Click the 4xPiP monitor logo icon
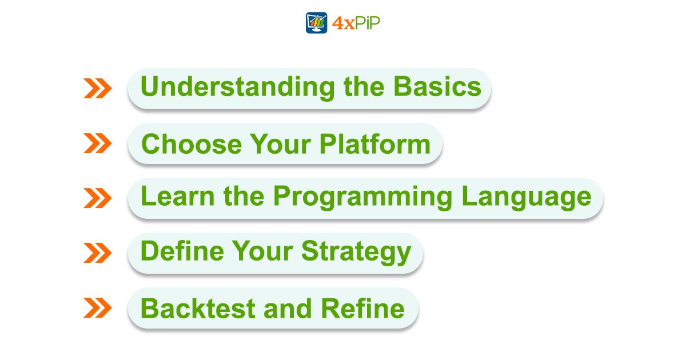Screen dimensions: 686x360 [316, 23]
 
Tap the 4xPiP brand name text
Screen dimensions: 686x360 [356, 23]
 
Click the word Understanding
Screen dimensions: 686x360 [238, 88]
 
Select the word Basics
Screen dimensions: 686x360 [437, 87]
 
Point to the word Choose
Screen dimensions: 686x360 [192, 144]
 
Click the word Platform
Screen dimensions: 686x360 [375, 144]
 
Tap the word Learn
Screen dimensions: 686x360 [178, 196]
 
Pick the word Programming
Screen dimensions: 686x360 [363, 198]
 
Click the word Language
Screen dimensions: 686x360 [527, 198]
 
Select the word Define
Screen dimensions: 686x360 [182, 251]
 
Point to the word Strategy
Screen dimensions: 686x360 [356, 253]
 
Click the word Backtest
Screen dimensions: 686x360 [198, 308]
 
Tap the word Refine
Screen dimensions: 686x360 [363, 308]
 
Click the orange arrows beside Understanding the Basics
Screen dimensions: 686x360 [98, 89]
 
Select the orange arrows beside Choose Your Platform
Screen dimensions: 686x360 [98, 143]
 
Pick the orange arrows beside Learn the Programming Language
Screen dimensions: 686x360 [98, 198]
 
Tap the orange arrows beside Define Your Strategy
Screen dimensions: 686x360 [98, 253]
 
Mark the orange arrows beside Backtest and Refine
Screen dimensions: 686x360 [98, 307]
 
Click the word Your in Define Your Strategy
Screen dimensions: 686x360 [263, 251]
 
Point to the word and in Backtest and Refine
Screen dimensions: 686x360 [288, 309]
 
